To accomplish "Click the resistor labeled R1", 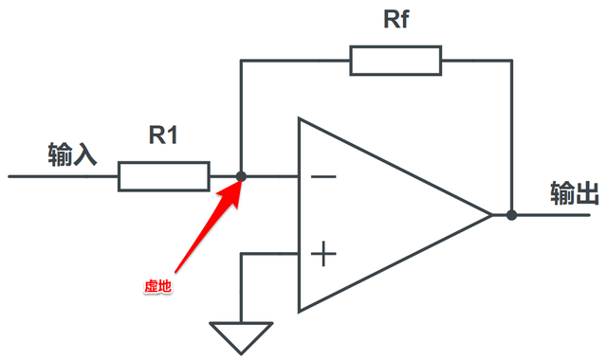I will point(163,176).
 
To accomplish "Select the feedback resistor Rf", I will point(395,61).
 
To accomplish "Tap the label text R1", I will point(164,135).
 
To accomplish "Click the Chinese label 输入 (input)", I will point(72,153).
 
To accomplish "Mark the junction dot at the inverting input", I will point(241,176).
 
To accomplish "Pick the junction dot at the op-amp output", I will point(511,215).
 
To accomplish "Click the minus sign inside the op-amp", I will point(323,176).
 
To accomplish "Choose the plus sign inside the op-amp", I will point(323,253).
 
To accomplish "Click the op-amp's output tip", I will point(490,215).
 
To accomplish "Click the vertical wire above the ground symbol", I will point(241,289).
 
